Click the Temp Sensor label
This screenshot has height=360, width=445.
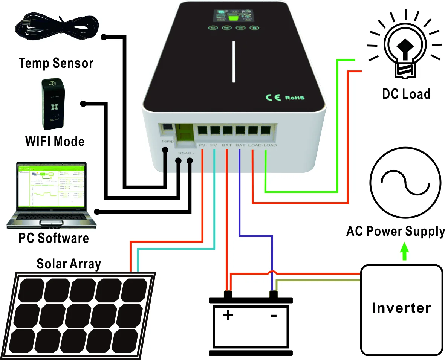56,63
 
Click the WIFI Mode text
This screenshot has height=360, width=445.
55,142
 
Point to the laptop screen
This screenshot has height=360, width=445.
52,186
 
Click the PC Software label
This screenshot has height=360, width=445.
54,238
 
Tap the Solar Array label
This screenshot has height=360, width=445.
69,264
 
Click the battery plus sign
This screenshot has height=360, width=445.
228,314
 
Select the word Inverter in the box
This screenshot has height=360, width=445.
401,308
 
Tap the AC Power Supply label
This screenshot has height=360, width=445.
395,231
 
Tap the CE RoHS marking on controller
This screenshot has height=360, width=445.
285,98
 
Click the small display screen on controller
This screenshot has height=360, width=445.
232,15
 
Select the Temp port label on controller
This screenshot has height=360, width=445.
167,142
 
